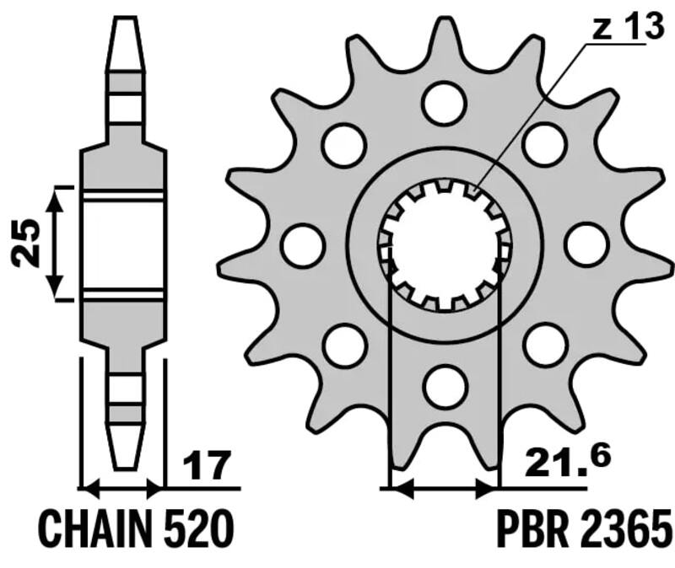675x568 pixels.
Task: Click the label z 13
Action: pyautogui.click(x=627, y=28)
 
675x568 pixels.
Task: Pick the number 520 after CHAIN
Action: pyautogui.click(x=199, y=530)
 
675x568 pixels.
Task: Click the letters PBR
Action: pyautogui.click(x=531, y=530)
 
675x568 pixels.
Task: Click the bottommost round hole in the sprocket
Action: pyautogui.click(x=445, y=386)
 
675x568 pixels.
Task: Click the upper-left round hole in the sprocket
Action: pyautogui.click(x=344, y=145)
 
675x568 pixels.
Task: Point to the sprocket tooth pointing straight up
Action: pyautogui.click(x=445, y=38)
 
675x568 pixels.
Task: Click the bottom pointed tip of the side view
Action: pyautogui.click(x=123, y=464)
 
